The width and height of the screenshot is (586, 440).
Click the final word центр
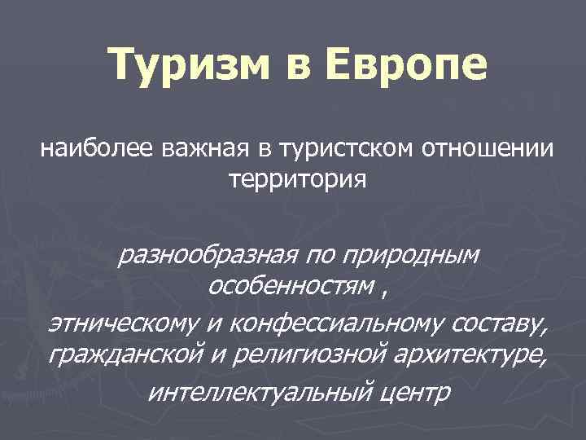click(x=413, y=393)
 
